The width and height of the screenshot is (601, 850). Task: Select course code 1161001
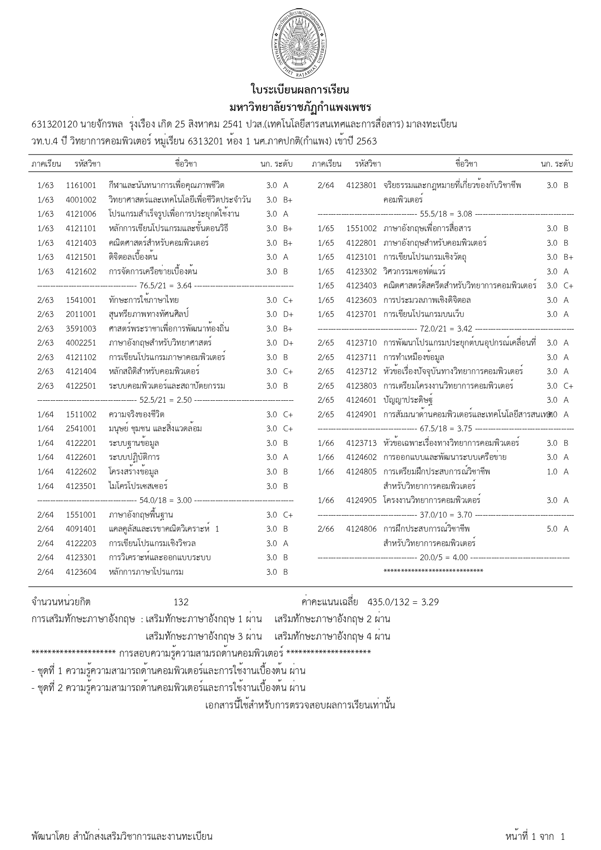click(81, 185)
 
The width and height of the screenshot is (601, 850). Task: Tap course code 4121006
click(81, 214)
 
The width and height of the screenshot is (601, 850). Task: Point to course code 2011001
click(81, 315)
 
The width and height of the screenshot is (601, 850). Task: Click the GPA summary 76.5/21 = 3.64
click(165, 286)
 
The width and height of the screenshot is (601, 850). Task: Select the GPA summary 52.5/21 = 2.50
click(165, 400)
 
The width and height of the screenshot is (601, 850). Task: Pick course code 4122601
click(81, 457)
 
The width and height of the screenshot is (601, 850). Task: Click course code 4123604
click(81, 572)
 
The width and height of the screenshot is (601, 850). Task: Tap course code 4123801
click(361, 185)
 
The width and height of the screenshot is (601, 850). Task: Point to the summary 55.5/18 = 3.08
click(446, 214)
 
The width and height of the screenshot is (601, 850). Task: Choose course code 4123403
click(361, 286)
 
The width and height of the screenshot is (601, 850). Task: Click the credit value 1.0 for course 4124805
click(552, 472)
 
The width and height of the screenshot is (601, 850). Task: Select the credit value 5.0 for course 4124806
click(552, 529)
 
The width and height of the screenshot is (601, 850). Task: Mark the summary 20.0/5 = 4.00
click(444, 558)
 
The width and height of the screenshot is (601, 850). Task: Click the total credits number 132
click(181, 602)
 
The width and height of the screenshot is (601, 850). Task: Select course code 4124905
click(361, 500)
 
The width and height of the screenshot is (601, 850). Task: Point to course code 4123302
click(361, 272)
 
